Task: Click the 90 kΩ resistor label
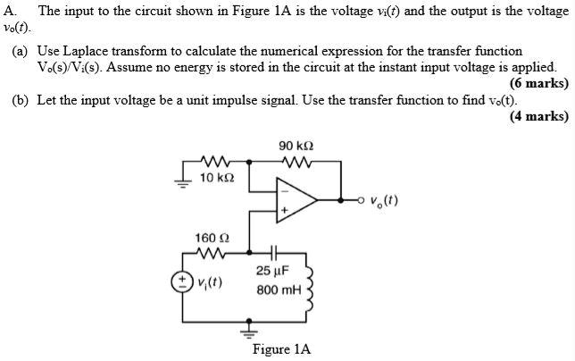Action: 296,146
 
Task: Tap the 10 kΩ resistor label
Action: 217,178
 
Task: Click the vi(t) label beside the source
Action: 210,282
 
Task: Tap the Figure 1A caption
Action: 281,349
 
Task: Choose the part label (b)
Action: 21,99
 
